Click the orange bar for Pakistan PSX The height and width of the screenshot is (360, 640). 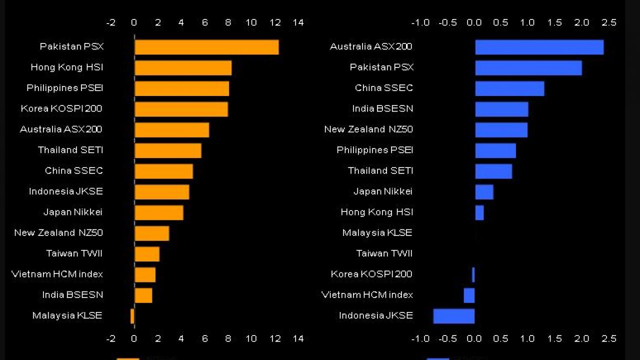click(x=206, y=47)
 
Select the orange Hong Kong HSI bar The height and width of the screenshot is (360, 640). click(x=183, y=67)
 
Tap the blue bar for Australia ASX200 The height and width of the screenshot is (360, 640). click(x=539, y=47)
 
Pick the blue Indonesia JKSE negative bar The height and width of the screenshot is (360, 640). click(x=453, y=316)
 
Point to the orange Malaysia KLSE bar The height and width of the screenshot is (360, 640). click(x=132, y=316)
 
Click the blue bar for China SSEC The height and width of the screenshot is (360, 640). click(x=509, y=88)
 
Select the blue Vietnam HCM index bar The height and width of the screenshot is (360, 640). click(x=469, y=295)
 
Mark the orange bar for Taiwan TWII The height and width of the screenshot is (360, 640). click(x=147, y=254)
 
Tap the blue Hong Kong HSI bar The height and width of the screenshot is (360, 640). click(x=479, y=212)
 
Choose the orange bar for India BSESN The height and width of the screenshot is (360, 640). click(x=143, y=295)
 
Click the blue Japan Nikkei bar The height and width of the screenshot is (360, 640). click(x=484, y=192)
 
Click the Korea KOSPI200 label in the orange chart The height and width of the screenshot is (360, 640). click(x=61, y=108)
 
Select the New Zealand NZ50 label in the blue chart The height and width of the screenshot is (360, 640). click(x=368, y=129)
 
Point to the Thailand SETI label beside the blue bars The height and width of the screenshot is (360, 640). click(x=380, y=171)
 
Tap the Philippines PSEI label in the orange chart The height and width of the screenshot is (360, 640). click(x=65, y=88)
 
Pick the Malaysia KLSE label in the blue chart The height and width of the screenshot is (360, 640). click(x=377, y=233)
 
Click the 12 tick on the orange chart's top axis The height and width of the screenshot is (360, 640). click(x=275, y=22)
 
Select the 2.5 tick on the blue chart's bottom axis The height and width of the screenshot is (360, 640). click(x=609, y=338)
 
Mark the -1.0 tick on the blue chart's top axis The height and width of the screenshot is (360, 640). click(x=420, y=22)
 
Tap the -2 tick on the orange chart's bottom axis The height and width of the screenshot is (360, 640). click(x=111, y=338)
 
